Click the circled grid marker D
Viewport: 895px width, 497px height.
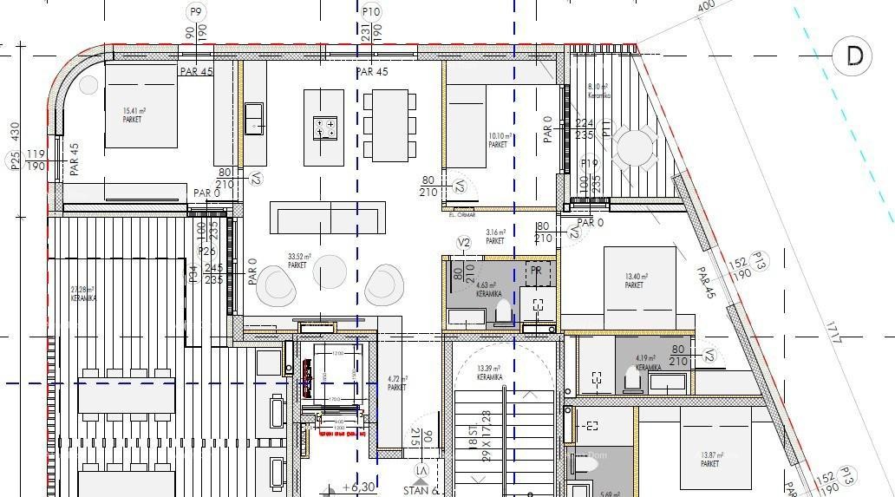854,56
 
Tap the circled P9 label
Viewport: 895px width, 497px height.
196,11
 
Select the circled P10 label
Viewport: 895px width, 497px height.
370,11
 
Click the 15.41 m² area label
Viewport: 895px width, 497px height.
134,114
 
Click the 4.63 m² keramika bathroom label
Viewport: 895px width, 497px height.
487,289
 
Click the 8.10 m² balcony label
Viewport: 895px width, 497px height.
598,90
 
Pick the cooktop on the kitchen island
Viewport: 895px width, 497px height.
324,128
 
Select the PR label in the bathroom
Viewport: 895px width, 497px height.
537,271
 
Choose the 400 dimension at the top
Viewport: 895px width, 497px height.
706,6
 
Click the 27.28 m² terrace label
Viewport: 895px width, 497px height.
84,293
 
